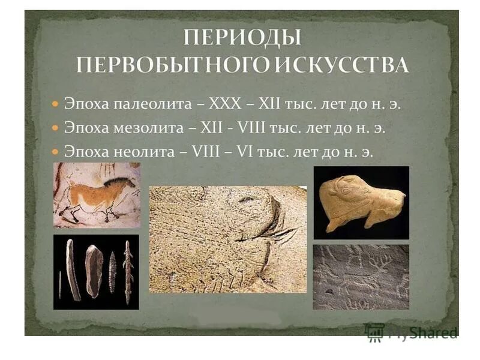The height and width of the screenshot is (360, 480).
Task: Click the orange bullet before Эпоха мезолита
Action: tap(55, 128)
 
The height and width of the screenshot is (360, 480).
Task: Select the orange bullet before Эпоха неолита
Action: tap(55, 153)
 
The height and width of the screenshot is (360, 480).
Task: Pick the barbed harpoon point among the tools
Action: tap(128, 270)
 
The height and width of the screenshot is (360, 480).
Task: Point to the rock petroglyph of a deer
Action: tap(361, 276)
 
